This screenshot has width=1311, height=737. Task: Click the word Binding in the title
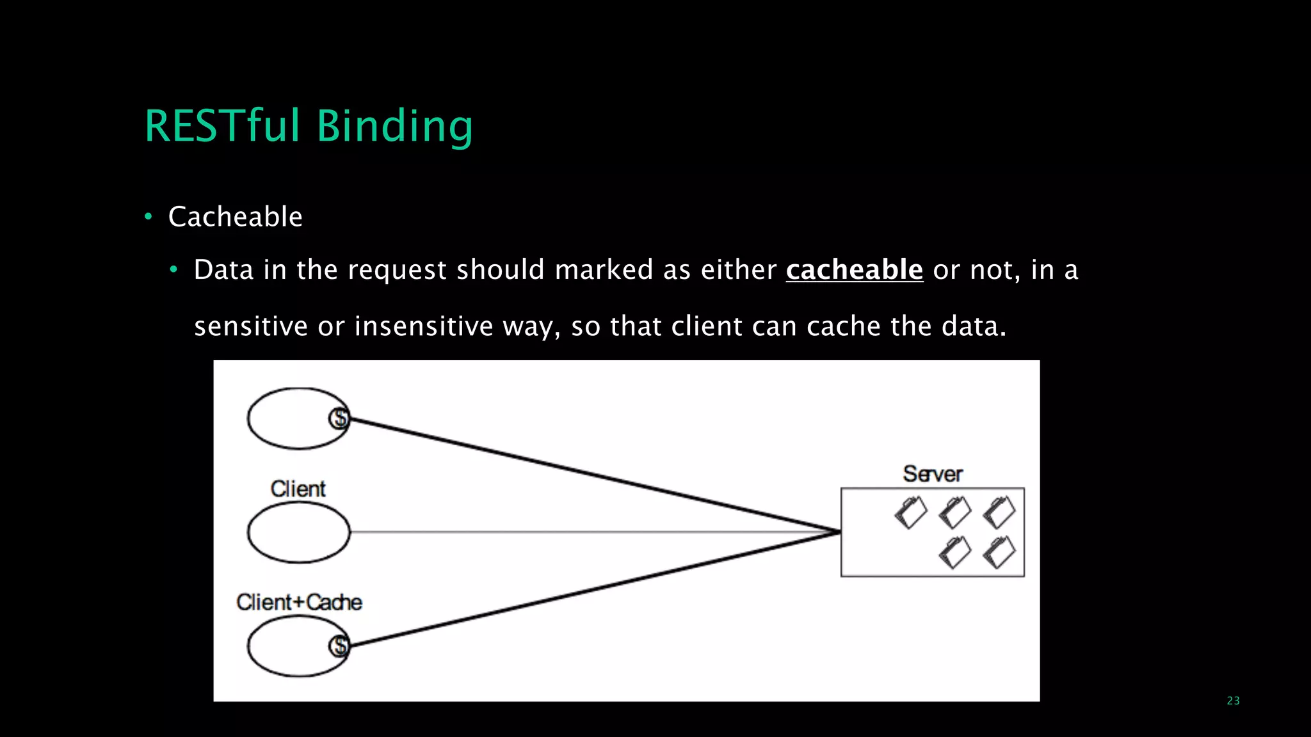pyautogui.click(x=394, y=127)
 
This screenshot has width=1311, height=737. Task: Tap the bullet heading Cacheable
pyautogui.click(x=235, y=217)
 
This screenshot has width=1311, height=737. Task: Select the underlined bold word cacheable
pyautogui.click(x=854, y=270)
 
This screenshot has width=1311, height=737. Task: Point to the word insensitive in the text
pyautogui.click(x=423, y=327)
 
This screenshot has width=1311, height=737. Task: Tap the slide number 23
pyautogui.click(x=1233, y=701)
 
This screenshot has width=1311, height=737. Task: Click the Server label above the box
pyautogui.click(x=933, y=474)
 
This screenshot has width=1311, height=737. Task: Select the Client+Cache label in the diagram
pyautogui.click(x=299, y=603)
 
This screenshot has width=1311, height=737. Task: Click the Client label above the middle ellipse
pyautogui.click(x=298, y=489)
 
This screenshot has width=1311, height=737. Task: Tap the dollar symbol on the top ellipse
pyautogui.click(x=339, y=418)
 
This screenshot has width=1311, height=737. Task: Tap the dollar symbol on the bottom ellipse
pyautogui.click(x=339, y=646)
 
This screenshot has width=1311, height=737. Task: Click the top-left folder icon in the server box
pyautogui.click(x=910, y=512)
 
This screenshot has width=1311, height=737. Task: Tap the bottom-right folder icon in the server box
pyautogui.click(x=999, y=552)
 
